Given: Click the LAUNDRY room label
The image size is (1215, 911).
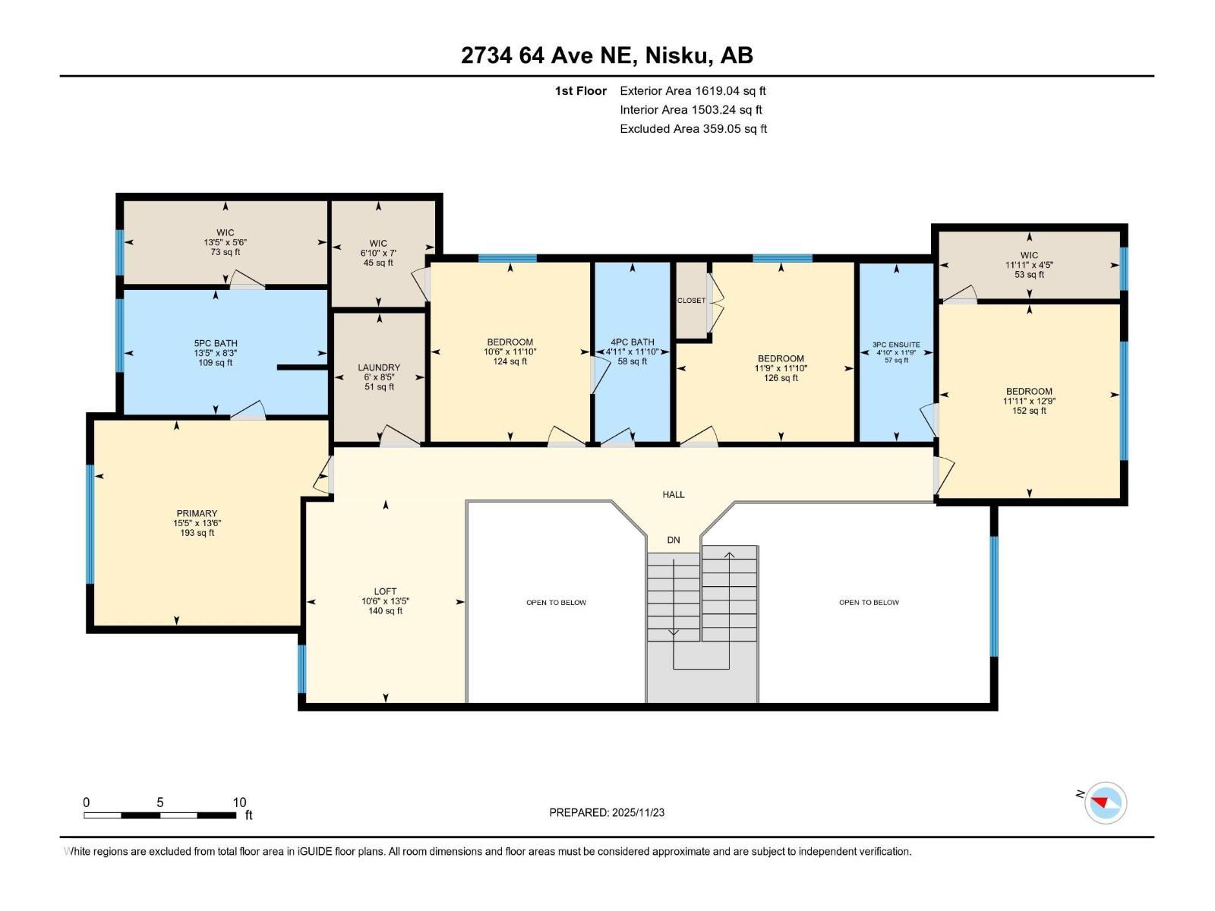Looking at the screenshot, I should (x=379, y=367).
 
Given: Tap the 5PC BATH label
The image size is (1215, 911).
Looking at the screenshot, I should (x=216, y=343).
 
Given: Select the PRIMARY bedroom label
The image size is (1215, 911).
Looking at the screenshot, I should (x=197, y=513).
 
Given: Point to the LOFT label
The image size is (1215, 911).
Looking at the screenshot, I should (x=385, y=591).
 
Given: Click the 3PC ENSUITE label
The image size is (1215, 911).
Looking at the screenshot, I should (x=896, y=345).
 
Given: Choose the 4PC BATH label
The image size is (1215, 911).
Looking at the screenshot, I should (x=632, y=342).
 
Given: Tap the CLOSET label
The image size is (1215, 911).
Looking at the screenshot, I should (x=691, y=301).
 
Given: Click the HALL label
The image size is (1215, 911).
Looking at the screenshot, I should (x=673, y=494).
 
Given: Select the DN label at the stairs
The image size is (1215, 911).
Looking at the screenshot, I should (x=673, y=540).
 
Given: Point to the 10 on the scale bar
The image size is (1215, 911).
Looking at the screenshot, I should (x=239, y=802).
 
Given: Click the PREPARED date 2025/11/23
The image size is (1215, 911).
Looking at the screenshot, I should (x=636, y=812).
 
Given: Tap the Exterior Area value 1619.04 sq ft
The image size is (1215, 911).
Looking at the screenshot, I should (x=730, y=90).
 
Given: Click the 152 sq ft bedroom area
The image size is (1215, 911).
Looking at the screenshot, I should (x=1029, y=411).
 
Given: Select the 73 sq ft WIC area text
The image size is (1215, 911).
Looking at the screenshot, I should (x=225, y=252).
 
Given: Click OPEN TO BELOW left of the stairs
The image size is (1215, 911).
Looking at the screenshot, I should (x=556, y=603).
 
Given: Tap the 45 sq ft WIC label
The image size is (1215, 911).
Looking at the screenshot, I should (x=378, y=263).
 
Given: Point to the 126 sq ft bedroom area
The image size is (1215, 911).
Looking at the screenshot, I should (x=781, y=378).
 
